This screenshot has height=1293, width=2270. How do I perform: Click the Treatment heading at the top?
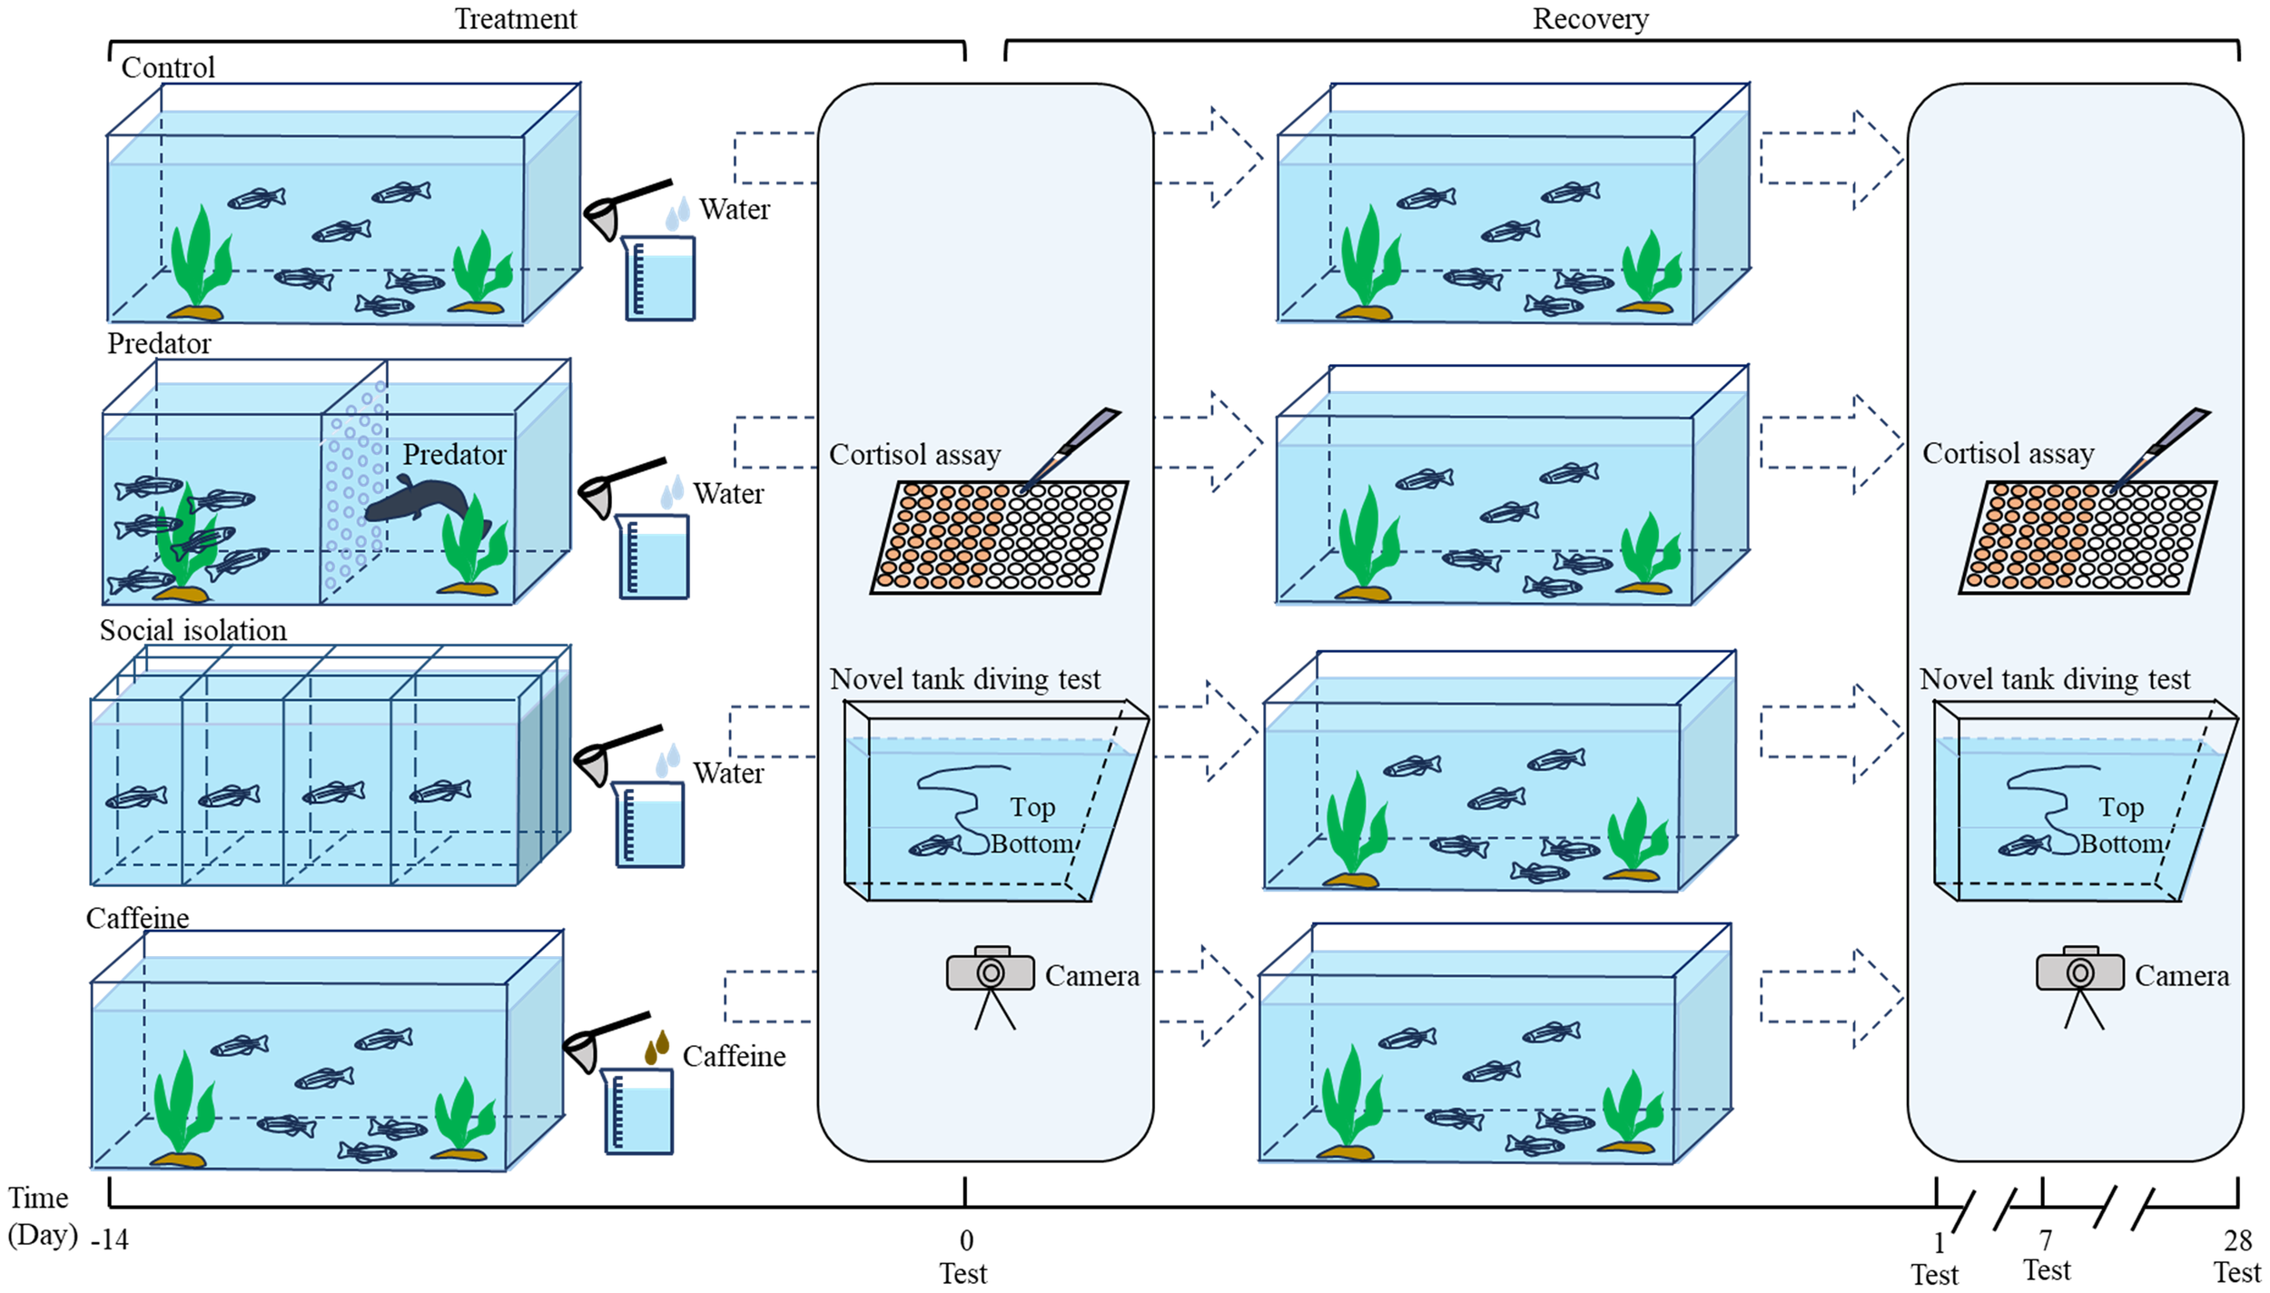pos(515,19)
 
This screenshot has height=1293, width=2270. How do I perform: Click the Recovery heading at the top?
pos(1590,19)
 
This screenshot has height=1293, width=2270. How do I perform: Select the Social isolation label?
pos(192,630)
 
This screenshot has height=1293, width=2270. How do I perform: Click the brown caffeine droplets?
pos(656,1047)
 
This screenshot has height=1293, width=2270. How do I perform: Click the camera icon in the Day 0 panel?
pos(990,973)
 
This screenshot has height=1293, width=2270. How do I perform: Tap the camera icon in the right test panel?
pos(2079,973)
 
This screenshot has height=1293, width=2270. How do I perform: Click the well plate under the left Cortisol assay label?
pos(999,538)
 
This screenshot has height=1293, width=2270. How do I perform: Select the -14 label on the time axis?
pos(110,1239)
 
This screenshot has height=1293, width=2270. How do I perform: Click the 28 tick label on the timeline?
pos(2237,1239)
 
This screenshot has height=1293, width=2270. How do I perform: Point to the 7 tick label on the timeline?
pos(2045,1239)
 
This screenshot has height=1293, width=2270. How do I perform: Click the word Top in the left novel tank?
pos(1032,807)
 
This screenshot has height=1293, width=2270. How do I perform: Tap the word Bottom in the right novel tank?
pos(2122,844)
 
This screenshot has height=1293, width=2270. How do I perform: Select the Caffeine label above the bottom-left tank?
pos(137,918)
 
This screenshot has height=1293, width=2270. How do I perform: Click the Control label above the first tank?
pos(168,68)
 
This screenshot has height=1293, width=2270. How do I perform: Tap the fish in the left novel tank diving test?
pos(933,847)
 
